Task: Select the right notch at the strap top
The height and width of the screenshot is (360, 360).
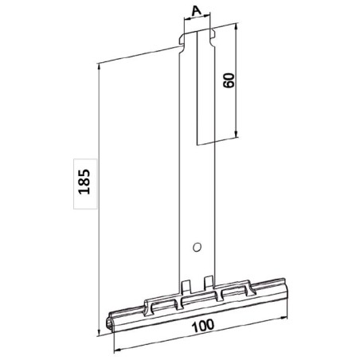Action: pyautogui.click(x=213, y=35)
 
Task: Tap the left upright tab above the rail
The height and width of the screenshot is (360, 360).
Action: pyautogui.click(x=186, y=284)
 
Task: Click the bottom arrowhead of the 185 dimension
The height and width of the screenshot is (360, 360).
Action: pyautogui.click(x=98, y=311)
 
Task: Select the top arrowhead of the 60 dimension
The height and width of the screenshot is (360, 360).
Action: pyautogui.click(x=239, y=26)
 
